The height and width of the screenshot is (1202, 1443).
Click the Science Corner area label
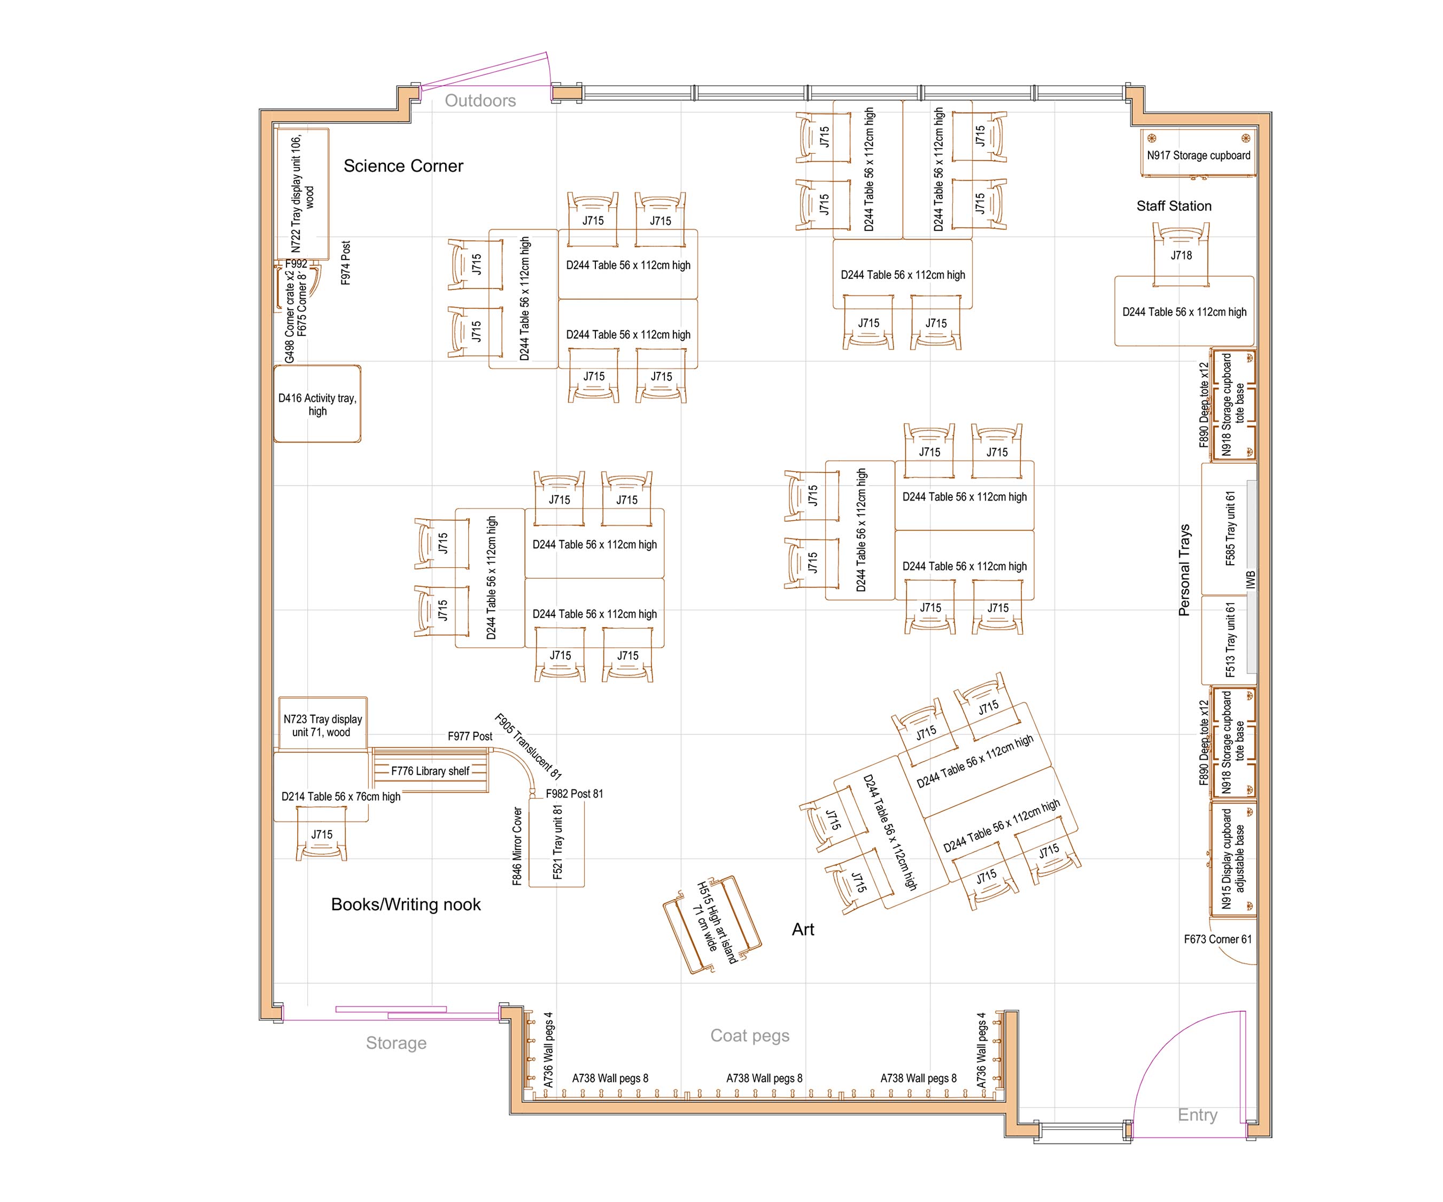(x=404, y=166)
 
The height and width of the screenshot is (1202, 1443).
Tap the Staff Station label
(x=1174, y=206)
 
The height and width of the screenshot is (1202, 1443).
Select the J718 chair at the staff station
(x=1181, y=255)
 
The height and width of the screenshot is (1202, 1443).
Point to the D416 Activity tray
(x=317, y=404)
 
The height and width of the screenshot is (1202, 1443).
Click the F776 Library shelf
(x=430, y=771)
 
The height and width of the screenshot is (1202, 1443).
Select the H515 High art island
(x=712, y=924)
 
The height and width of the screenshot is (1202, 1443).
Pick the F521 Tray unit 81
(x=557, y=844)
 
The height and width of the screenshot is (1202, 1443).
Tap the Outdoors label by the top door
(x=480, y=101)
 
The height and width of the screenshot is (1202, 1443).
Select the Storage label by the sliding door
(x=396, y=1043)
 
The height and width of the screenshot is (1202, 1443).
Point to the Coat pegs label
(x=750, y=1035)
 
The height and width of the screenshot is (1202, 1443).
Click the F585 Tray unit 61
(x=1229, y=529)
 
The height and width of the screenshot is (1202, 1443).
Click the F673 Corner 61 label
(x=1217, y=939)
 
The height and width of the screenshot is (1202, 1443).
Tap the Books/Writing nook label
(x=406, y=904)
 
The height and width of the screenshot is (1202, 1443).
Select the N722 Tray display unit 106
(x=301, y=194)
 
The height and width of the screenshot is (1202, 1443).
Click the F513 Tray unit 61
(x=1229, y=640)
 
